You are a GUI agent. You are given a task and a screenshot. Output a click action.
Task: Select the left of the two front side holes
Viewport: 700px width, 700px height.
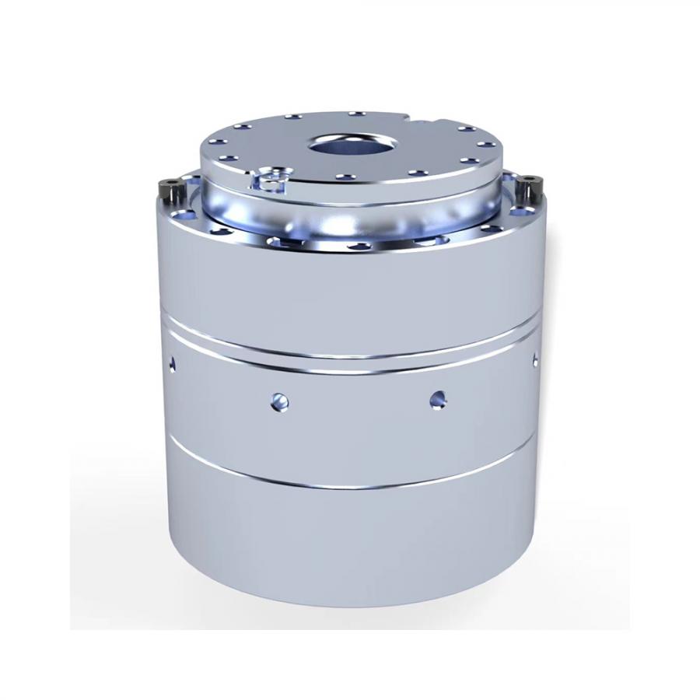(x=280, y=401)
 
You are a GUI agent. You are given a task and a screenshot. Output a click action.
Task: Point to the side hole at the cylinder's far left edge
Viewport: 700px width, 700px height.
(x=173, y=362)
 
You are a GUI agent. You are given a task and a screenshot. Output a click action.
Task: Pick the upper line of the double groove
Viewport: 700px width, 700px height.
(x=350, y=348)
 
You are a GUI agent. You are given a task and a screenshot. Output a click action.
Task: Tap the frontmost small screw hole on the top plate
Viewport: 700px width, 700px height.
(x=342, y=177)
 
